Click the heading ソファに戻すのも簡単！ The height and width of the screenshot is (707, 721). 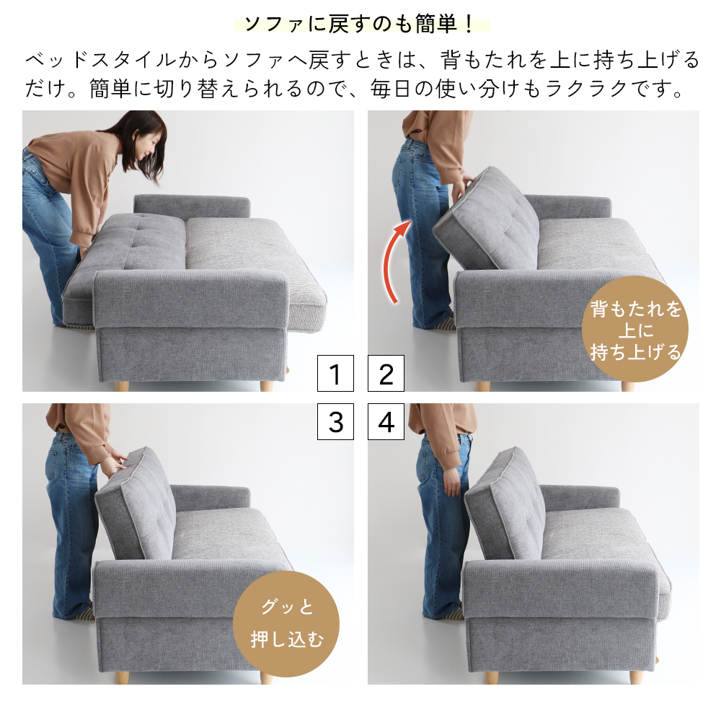click(360, 24)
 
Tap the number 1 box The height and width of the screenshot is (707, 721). click(335, 374)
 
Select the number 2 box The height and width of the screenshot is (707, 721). click(386, 374)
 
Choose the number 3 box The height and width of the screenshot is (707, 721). click(335, 422)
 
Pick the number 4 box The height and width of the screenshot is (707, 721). click(386, 422)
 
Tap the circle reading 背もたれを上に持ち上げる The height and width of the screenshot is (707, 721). click(634, 330)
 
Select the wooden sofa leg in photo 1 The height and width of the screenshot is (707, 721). click(267, 385)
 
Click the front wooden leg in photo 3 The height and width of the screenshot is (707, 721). click(267, 678)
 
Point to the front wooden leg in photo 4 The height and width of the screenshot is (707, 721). click(637, 678)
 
